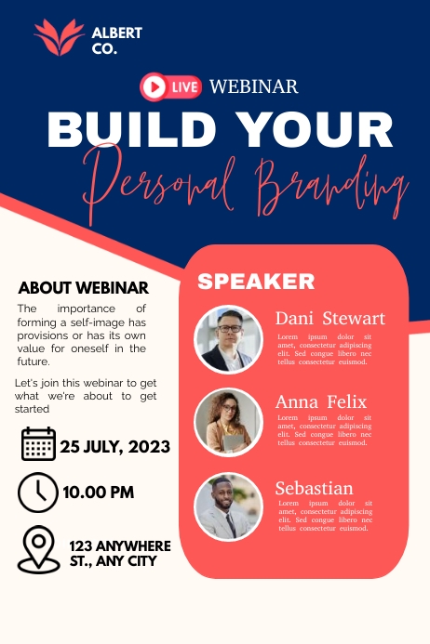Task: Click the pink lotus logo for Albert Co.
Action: point(59,37)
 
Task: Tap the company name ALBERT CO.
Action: point(117,41)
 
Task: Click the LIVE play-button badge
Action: point(170,87)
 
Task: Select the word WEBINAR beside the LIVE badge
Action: point(253,87)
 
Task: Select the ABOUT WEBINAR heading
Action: point(84,287)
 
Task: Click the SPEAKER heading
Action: point(256,282)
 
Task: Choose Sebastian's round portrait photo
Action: point(228,507)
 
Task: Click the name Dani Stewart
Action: point(329,318)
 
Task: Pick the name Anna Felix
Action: point(320,401)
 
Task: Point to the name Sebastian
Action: point(314,488)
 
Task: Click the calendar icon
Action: point(38,444)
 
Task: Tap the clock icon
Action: point(38,491)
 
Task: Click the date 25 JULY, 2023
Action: point(115,447)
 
